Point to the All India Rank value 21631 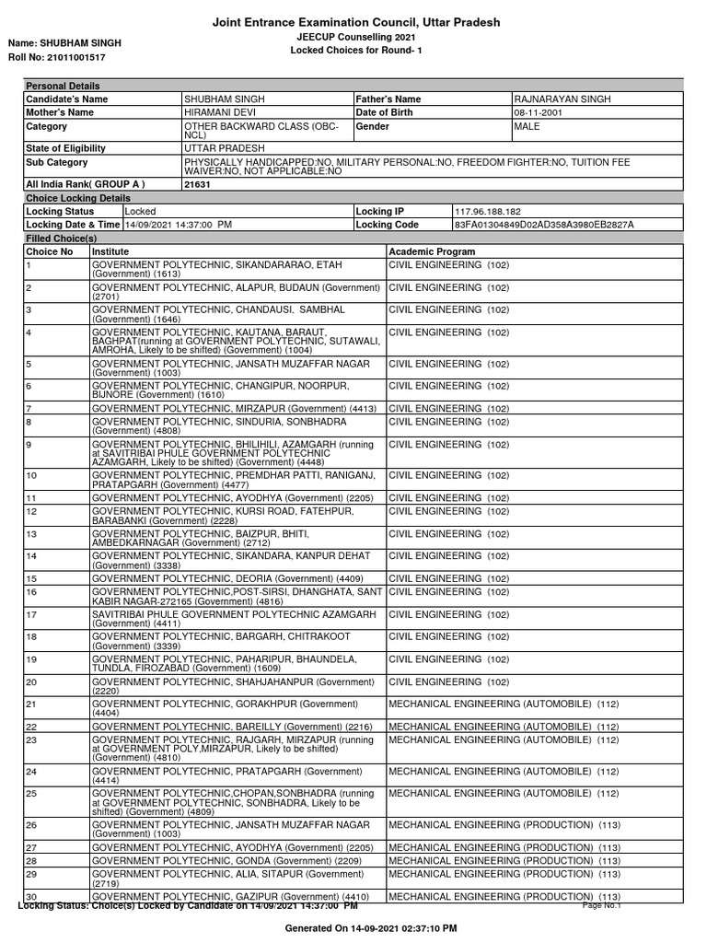(x=198, y=185)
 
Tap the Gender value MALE (x=528, y=125)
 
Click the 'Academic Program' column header (x=433, y=251)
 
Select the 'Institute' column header (x=110, y=251)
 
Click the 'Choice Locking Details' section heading (x=78, y=198)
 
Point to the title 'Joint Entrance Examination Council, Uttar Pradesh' (x=356, y=22)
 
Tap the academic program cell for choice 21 (x=504, y=704)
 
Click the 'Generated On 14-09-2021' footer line (x=371, y=928)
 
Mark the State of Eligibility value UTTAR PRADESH (x=225, y=148)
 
